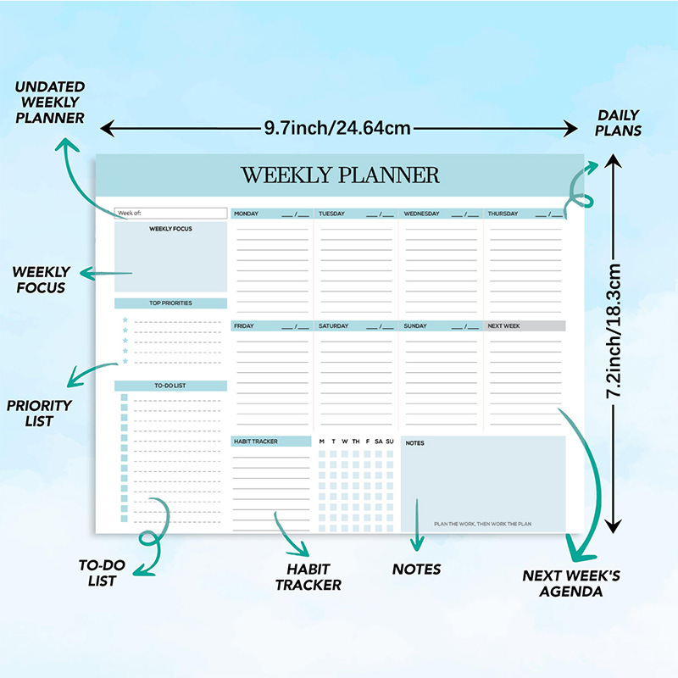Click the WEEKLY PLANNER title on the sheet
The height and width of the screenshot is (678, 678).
(340, 175)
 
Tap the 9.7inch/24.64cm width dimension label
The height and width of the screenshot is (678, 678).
(337, 128)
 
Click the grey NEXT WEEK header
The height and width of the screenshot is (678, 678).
(525, 326)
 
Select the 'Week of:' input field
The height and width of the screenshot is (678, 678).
(171, 213)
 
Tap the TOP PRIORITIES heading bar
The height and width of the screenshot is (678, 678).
(171, 303)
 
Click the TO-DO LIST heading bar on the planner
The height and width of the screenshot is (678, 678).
(171, 386)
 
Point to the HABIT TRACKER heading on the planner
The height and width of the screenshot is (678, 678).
(271, 442)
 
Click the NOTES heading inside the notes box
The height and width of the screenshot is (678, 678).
(415, 443)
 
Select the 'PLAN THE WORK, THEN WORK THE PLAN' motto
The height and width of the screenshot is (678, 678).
(482, 524)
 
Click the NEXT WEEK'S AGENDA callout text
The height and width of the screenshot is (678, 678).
(570, 583)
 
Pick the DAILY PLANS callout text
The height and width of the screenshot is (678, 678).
(619, 123)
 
